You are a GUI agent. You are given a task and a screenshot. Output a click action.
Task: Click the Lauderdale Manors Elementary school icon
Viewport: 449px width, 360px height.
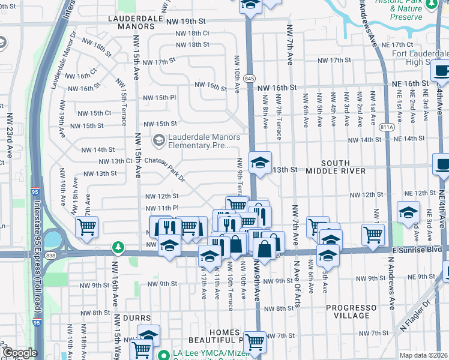(x=159, y=141)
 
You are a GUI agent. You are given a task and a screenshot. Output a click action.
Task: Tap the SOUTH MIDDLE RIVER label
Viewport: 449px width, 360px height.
(x=343, y=167)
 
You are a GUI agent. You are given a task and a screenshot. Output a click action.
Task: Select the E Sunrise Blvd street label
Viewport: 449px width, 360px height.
(x=415, y=248)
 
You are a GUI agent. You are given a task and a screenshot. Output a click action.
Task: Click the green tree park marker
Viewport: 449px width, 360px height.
(x=119, y=247)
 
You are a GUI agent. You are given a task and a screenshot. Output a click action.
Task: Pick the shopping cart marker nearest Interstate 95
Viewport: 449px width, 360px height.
(x=86, y=227)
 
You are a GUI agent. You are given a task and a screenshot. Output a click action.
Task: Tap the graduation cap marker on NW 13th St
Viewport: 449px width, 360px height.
(x=260, y=162)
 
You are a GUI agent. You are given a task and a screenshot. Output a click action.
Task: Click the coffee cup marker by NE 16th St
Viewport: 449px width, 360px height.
(x=441, y=70)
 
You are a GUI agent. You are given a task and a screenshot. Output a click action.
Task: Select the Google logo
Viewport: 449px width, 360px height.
(x=20, y=353)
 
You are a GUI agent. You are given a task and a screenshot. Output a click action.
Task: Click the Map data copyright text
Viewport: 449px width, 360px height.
(x=423, y=355)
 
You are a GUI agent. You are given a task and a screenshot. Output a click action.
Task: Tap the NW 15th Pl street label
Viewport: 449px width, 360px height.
(x=159, y=97)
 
